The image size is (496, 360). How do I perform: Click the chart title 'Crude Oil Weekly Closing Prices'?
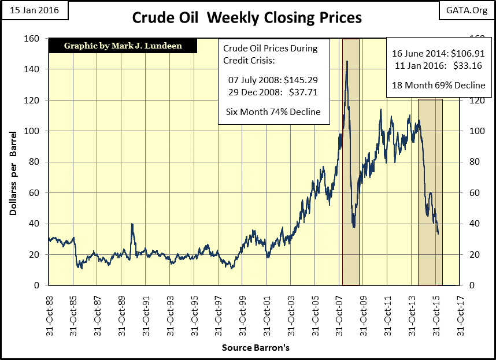point(247,18)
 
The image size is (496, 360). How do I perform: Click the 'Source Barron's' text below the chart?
point(255,348)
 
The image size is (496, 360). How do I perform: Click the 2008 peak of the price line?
point(347,61)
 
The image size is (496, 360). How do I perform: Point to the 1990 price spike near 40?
point(132,224)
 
